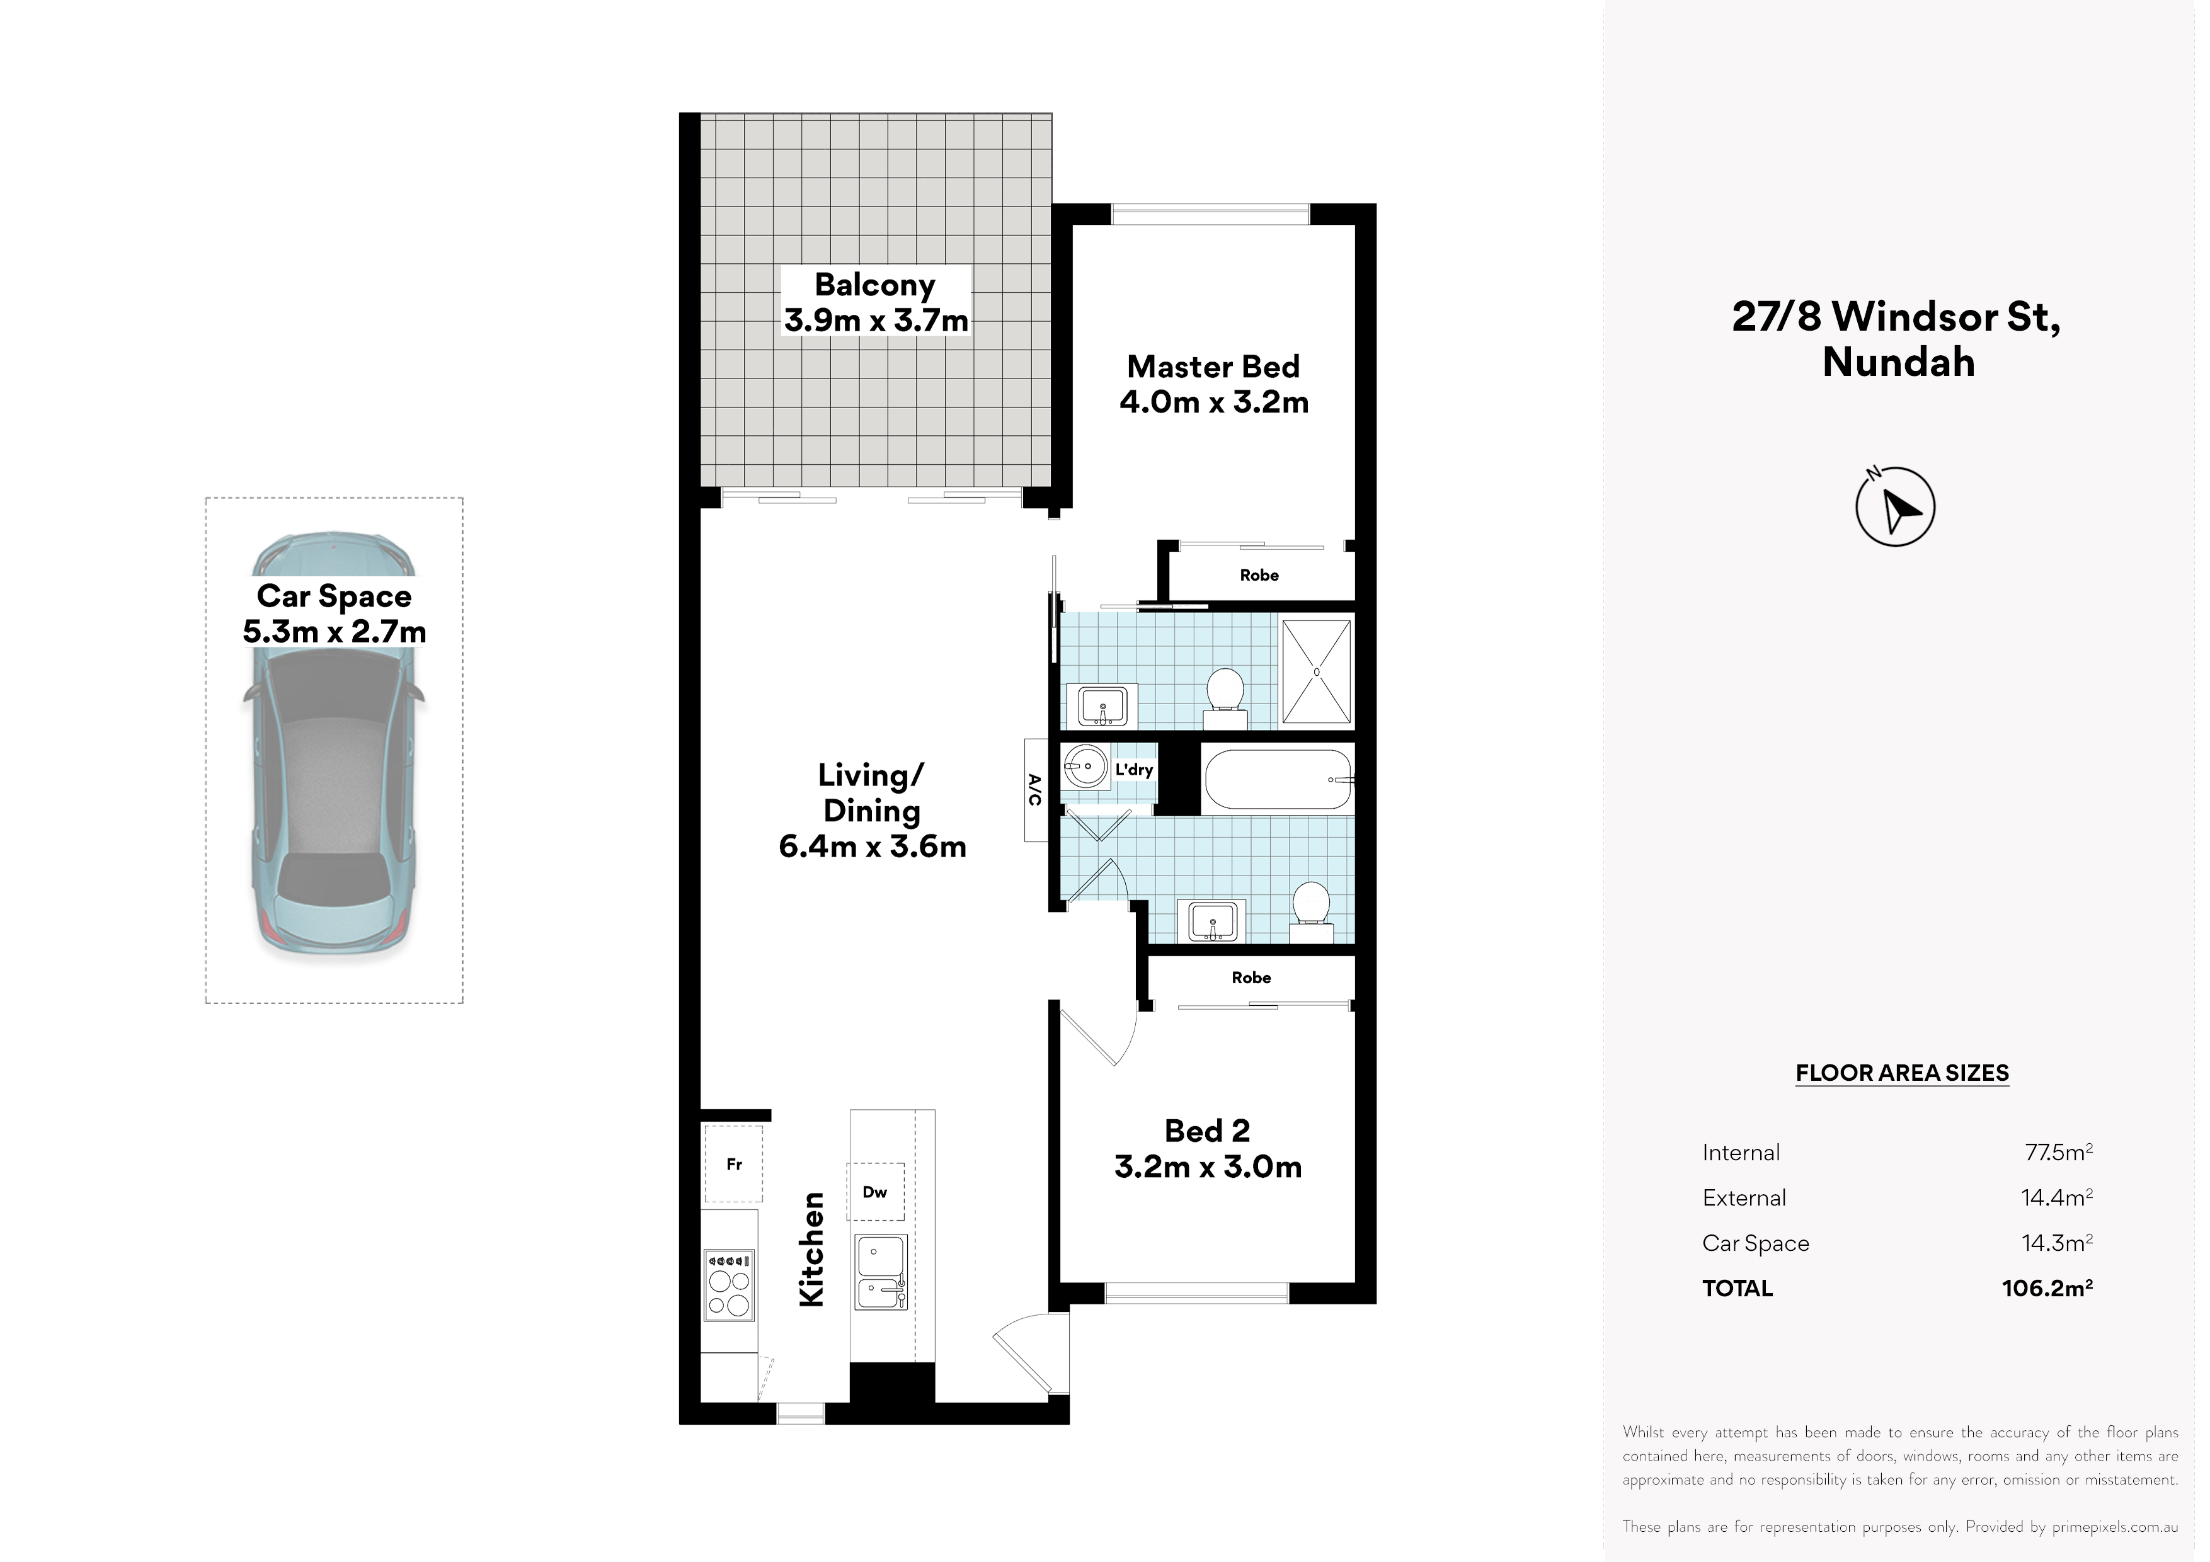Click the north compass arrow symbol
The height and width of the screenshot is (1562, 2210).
coord(1894,506)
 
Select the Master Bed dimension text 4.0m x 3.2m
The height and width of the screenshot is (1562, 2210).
coord(1214,402)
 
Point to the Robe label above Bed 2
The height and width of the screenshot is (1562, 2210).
coord(1251,978)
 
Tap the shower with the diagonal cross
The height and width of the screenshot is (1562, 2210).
coord(1316,671)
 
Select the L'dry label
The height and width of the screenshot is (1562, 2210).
coord(1134,770)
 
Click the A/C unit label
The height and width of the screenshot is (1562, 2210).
coord(1034,790)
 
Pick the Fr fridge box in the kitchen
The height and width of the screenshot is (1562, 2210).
coord(733,1163)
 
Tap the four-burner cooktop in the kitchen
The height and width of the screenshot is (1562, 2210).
coord(729,1285)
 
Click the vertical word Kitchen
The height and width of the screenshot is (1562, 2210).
coord(811,1249)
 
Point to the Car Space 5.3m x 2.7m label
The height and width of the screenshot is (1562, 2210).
coord(334,614)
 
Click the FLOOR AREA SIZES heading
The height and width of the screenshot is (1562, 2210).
coord(1902,1073)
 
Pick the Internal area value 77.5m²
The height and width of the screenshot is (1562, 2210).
coord(2059,1152)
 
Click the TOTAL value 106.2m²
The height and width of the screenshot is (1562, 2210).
coord(2047,1288)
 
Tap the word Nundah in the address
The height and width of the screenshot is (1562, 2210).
coord(1898,363)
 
